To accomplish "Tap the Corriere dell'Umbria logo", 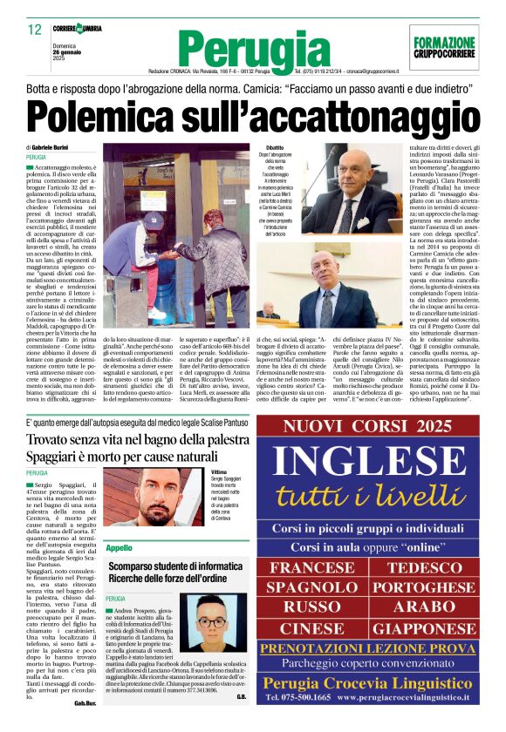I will point(77,29).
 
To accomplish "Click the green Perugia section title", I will point(252,49).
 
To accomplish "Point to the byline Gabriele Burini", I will point(56,148).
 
